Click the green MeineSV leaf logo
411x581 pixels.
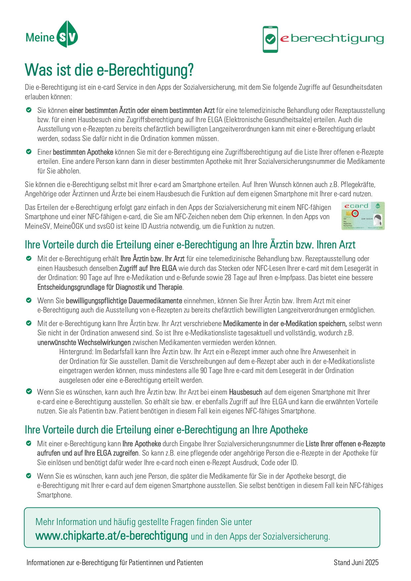click(67, 34)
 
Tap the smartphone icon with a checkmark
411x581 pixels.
click(270, 39)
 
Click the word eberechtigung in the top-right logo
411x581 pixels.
click(332, 39)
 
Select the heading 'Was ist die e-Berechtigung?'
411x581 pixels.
click(109, 70)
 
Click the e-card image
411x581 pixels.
click(363, 216)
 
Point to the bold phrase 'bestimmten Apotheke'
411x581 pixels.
click(83, 152)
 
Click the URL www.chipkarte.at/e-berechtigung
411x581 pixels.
click(112, 536)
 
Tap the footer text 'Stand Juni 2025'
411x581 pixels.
click(356, 562)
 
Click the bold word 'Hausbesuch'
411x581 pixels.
click(245, 392)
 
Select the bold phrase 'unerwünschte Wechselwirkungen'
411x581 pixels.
click(84, 342)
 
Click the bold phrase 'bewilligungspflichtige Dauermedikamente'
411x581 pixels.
click(124, 301)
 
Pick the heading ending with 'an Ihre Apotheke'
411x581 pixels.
click(166, 430)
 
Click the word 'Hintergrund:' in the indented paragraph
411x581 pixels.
click(76, 352)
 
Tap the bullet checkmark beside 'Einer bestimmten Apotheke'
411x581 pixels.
click(29, 152)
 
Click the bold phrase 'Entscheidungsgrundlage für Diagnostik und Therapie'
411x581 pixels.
click(110, 287)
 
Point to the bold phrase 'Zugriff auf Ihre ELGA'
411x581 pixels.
click(148, 268)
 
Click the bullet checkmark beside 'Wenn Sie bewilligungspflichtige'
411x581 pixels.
click(29, 301)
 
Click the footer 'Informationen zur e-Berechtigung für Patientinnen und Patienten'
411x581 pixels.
click(115, 562)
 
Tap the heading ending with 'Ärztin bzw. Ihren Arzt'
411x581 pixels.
click(190, 245)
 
